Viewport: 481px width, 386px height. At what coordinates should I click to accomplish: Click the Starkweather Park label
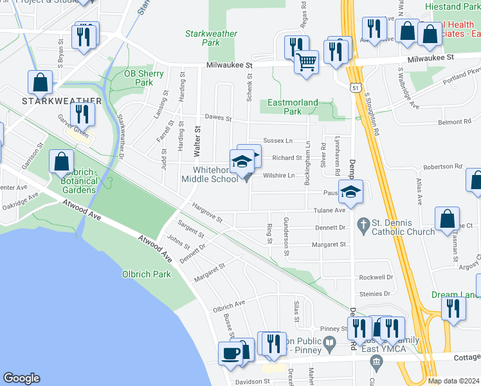(x=211, y=38)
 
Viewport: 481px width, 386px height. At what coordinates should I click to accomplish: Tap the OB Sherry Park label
(x=143, y=78)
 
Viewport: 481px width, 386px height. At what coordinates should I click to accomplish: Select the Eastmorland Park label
(x=293, y=107)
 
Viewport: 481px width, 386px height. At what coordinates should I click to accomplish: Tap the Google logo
(x=22, y=378)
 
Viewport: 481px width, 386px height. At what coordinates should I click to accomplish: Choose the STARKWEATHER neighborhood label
(x=62, y=101)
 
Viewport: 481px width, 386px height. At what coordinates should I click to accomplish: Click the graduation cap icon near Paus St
(x=350, y=191)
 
